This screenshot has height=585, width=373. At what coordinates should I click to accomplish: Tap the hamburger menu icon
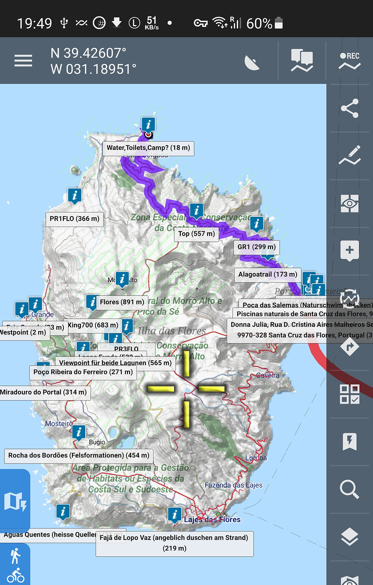coord(23,61)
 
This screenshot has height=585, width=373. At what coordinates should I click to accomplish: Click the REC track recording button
coord(349,61)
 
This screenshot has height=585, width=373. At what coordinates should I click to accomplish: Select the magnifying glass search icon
coord(349,489)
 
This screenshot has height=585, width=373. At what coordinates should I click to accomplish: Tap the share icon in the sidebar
coord(349,108)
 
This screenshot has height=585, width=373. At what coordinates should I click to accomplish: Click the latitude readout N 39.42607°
coord(89,53)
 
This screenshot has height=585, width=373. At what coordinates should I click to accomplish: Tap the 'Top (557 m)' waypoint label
coord(197,234)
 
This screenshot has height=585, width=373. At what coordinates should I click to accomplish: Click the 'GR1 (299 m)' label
coord(257,247)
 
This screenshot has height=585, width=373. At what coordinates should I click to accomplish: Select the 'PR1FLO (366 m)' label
coord(74,219)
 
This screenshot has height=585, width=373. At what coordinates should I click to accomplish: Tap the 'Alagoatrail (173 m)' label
coord(268,275)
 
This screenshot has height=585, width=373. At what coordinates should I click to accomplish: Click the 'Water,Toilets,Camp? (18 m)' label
coord(148,148)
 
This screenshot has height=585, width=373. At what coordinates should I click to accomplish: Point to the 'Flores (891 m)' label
coord(122,302)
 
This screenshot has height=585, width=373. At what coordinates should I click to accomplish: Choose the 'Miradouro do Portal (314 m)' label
coord(44,392)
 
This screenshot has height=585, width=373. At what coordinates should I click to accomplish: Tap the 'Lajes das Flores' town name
coord(212,520)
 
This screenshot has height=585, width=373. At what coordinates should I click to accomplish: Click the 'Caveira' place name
coord(268,375)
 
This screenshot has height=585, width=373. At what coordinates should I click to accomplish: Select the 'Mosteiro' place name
coord(59,424)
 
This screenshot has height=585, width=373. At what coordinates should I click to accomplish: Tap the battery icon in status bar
coord(279,23)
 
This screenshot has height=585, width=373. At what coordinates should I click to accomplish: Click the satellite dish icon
coord(252,63)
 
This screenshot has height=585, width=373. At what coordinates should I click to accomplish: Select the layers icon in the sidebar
coord(349,537)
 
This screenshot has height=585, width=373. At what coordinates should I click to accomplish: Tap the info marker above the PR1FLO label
coord(74,196)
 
